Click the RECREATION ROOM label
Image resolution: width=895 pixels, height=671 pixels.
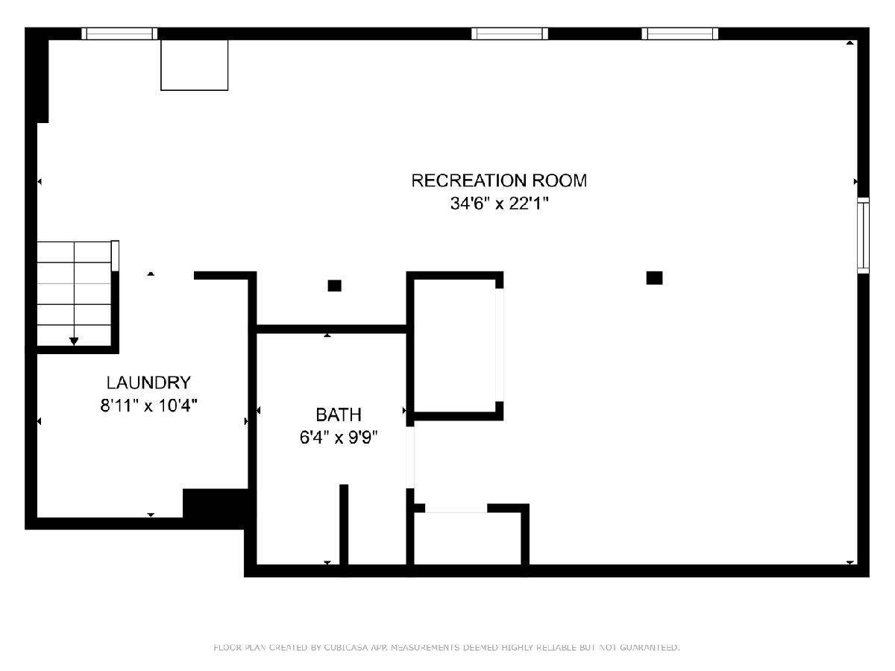[x=499, y=180]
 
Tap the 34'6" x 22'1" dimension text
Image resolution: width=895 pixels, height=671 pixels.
[x=499, y=204]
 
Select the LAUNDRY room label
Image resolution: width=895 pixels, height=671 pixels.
[x=148, y=382]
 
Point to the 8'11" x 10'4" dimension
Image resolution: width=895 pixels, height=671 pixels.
[x=149, y=406]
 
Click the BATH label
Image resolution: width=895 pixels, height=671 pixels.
[x=339, y=415]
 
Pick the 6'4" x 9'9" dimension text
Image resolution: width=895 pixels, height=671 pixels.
[x=339, y=438]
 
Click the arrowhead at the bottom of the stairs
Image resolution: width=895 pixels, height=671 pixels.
[x=74, y=341]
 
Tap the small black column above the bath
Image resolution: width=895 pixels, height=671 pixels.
[x=334, y=286]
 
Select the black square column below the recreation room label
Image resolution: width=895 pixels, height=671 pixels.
[x=654, y=278]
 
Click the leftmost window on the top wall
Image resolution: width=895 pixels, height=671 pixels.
[x=119, y=34]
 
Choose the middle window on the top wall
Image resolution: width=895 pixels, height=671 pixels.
[x=509, y=34]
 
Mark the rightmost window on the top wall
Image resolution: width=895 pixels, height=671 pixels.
[x=679, y=34]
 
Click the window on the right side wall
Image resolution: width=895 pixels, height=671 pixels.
[x=863, y=236]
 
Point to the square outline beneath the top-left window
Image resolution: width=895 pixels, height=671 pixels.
[x=194, y=65]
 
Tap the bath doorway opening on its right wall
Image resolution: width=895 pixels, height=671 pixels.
[x=410, y=457]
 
